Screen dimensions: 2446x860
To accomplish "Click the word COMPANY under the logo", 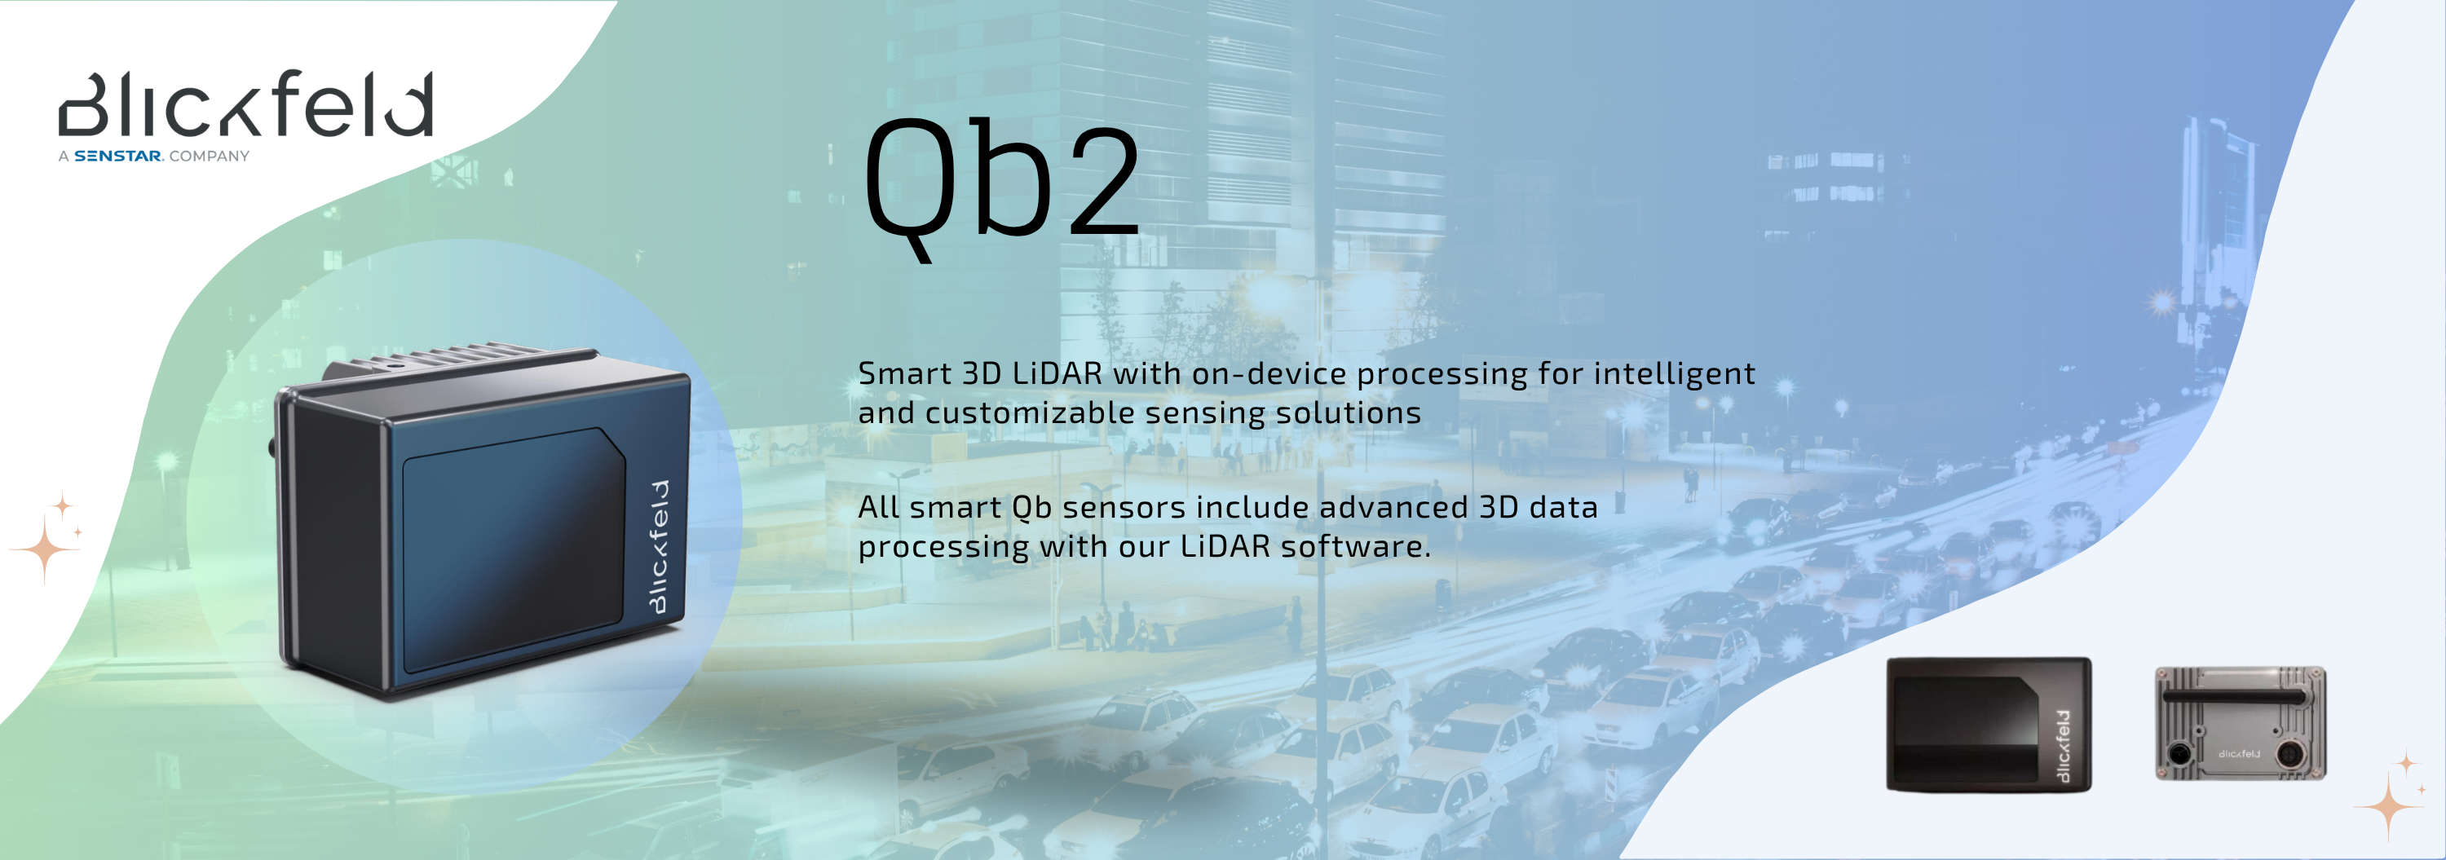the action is coord(209,157).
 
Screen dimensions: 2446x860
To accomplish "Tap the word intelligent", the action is coord(1674,374).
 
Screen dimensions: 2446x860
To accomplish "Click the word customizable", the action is coord(1029,413).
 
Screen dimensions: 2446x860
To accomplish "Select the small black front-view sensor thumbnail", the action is coord(1989,723).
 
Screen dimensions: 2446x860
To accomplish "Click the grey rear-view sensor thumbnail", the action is coord(2240,723).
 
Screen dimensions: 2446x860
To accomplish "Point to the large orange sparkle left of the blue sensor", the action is coord(45,548).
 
